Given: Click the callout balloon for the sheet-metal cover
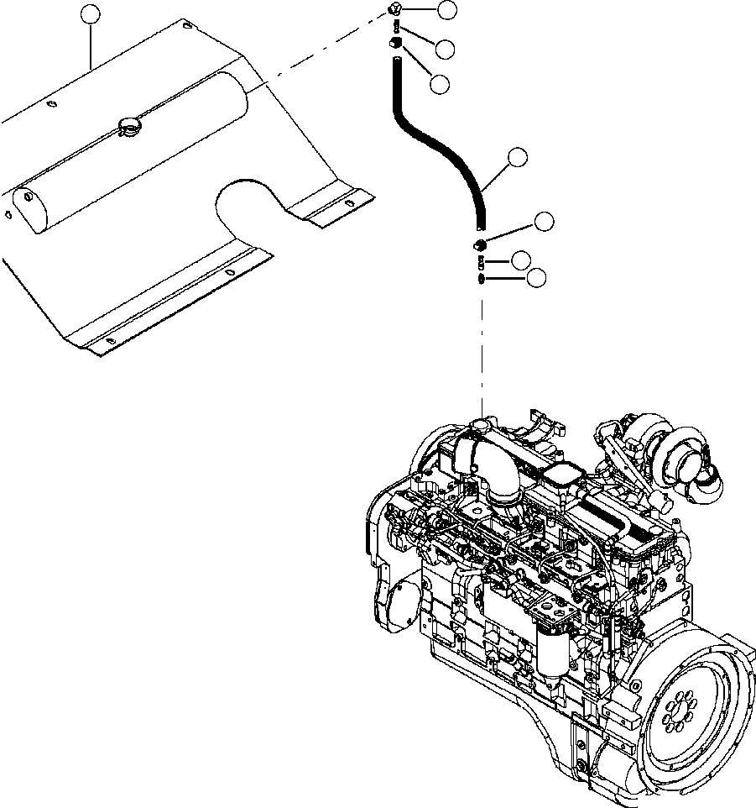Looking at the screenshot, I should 91,14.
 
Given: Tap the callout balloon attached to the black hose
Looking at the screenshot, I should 519,157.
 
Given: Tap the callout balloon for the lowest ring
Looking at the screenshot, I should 535,276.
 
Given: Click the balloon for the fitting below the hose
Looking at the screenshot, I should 544,222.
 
